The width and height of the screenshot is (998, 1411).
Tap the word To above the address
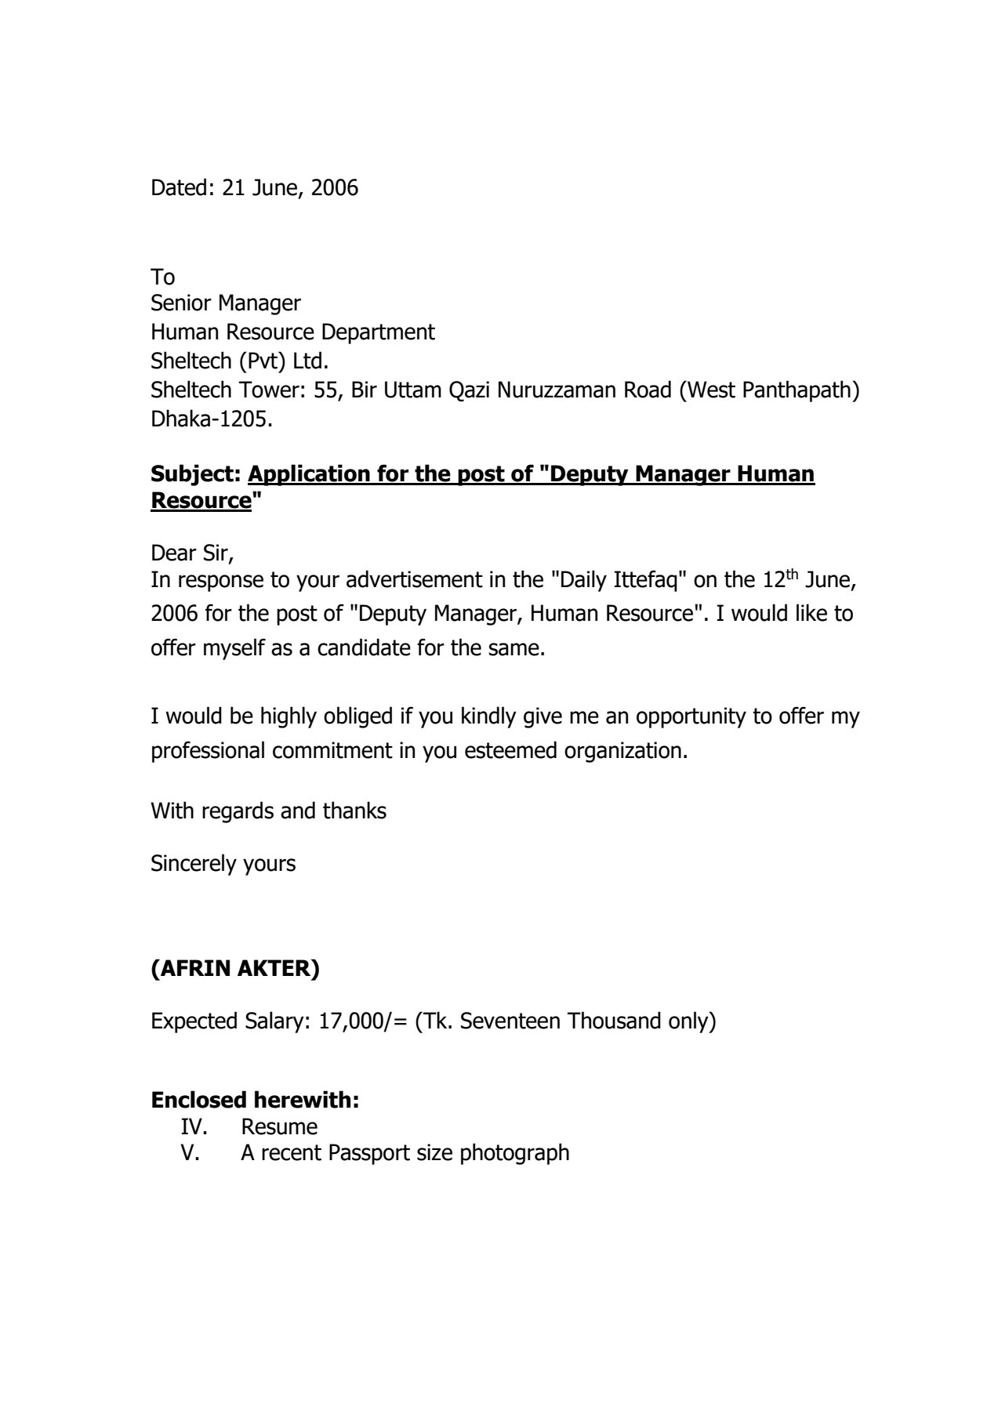point(163,277)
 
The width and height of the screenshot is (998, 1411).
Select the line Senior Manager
point(226,303)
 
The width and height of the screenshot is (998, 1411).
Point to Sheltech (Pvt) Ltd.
point(240,361)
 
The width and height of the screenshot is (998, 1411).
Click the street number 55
point(325,390)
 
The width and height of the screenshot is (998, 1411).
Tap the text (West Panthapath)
point(769,390)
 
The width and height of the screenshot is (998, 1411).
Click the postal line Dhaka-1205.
point(212,419)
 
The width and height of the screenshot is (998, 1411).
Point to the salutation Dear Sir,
point(193,553)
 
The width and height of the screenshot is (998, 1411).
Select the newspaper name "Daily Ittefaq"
point(619,581)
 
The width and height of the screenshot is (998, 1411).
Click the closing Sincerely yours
point(223,864)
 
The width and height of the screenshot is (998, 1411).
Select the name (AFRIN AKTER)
point(235,969)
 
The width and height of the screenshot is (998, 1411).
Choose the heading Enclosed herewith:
point(255,1101)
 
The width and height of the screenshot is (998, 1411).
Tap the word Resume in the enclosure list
point(279,1127)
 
